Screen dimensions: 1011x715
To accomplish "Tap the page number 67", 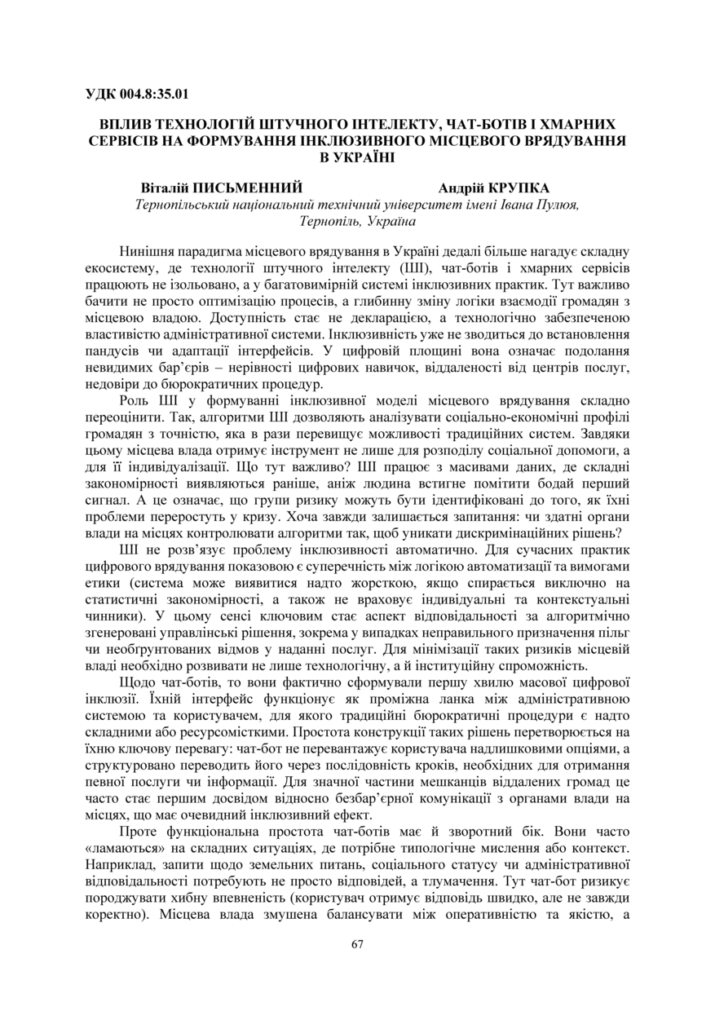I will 357,944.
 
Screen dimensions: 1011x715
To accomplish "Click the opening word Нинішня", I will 148,251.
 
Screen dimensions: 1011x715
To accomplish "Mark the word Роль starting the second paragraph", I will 135,400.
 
